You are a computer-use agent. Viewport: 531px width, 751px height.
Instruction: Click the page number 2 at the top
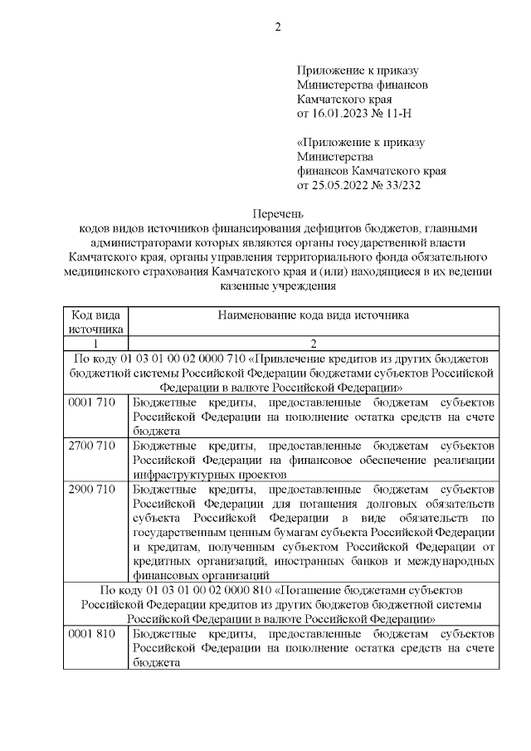point(278,27)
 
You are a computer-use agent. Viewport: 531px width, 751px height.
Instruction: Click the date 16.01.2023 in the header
point(339,111)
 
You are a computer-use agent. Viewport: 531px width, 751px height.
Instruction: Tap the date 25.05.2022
point(339,185)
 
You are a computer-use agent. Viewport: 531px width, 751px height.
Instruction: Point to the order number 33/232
point(403,185)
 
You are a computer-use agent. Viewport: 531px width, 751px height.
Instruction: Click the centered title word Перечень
point(278,213)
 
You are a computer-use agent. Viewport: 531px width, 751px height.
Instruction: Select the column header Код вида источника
point(95,322)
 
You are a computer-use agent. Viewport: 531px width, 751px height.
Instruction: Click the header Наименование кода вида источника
point(313,315)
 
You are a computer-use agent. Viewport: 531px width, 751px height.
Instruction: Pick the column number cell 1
point(95,344)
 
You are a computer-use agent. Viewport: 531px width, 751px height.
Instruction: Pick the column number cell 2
point(313,344)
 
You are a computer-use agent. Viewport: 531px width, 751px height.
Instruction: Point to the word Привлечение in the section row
point(298,358)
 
